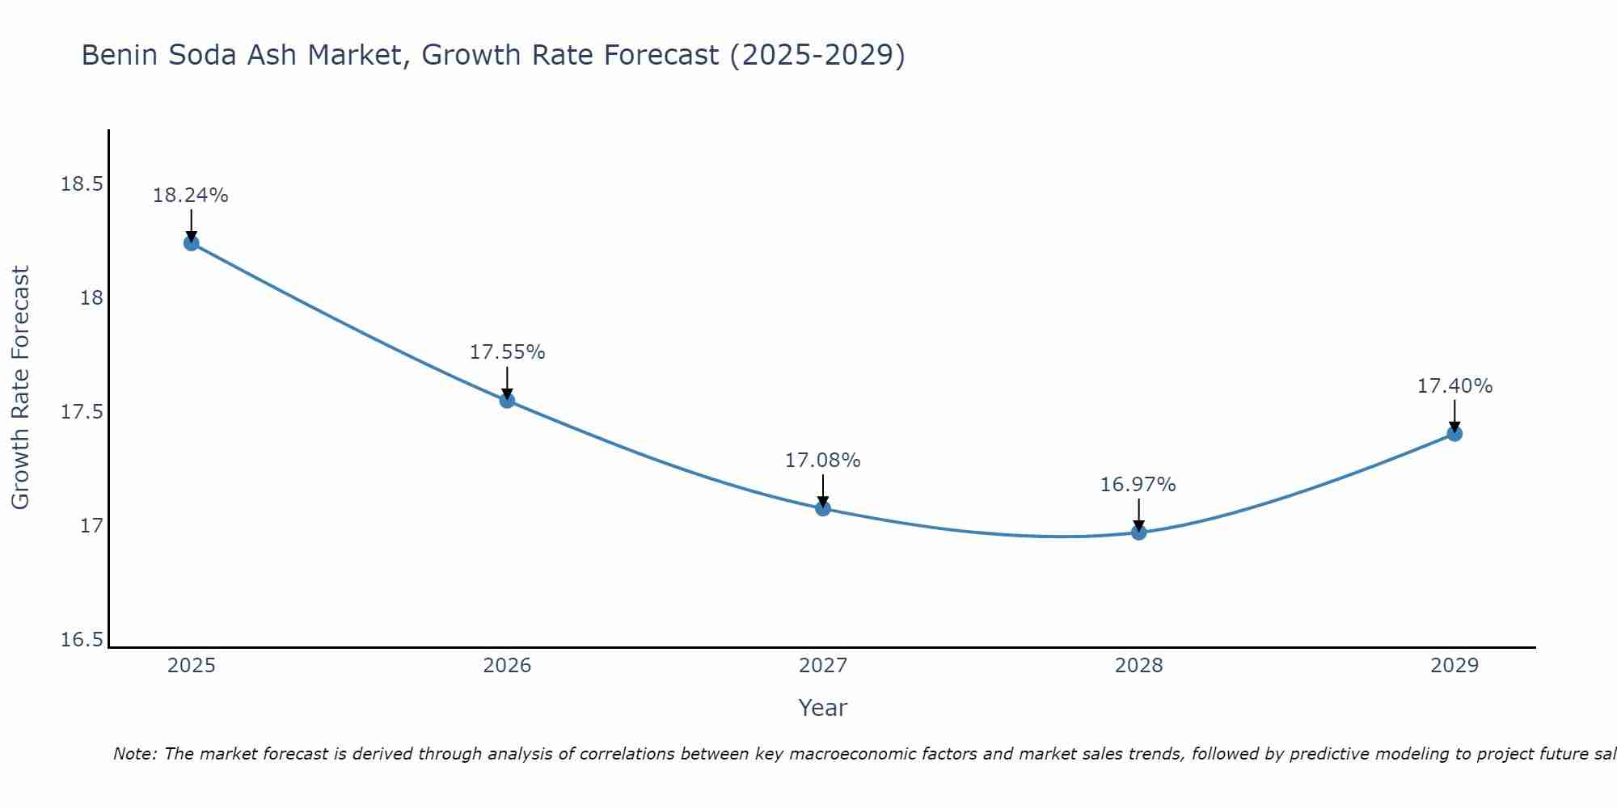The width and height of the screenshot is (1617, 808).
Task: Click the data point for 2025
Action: click(x=192, y=242)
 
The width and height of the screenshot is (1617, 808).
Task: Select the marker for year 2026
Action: click(x=507, y=400)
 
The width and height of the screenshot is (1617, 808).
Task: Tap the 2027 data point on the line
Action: click(x=823, y=508)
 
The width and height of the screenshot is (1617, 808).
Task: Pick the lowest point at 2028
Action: click(x=1138, y=532)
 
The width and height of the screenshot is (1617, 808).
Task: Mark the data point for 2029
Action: click(x=1454, y=434)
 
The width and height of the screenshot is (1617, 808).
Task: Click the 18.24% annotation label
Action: click(x=191, y=196)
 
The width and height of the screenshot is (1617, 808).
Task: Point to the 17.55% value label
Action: click(x=507, y=352)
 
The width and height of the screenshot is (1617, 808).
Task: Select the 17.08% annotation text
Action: click(x=822, y=461)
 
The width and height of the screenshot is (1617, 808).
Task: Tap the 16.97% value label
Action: click(x=1138, y=485)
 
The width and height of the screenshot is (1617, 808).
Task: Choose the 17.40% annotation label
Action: click(x=1454, y=386)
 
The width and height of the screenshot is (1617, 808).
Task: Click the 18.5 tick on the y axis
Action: click(x=82, y=184)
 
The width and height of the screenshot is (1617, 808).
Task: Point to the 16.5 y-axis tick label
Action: click(x=82, y=640)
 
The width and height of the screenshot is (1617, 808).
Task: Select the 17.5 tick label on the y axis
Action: click(x=82, y=412)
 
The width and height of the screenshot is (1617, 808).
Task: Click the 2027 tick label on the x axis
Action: click(x=823, y=666)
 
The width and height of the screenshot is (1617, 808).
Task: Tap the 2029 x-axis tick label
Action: click(x=1454, y=666)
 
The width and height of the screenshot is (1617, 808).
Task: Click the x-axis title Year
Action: click(x=822, y=708)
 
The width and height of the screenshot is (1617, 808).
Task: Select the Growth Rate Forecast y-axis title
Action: click(x=21, y=387)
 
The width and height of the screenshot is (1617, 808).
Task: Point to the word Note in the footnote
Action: click(x=134, y=754)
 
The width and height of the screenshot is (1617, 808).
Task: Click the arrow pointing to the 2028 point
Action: click(x=1138, y=514)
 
